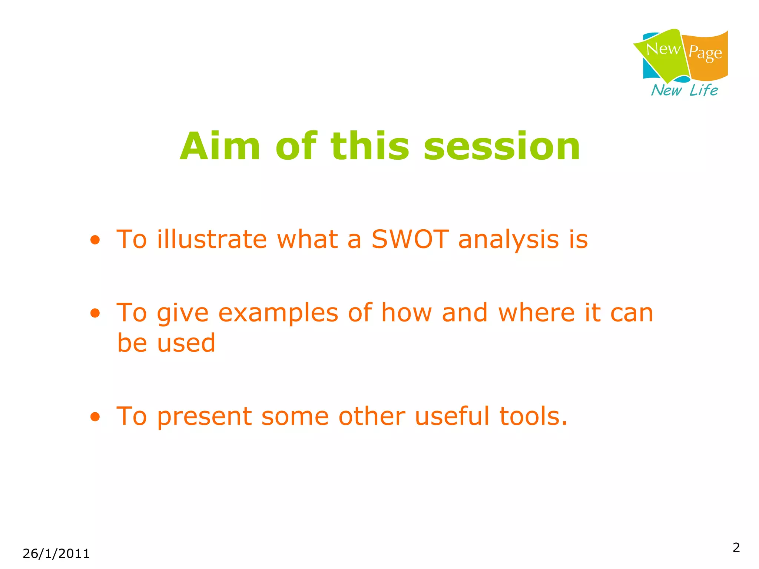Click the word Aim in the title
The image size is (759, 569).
click(x=220, y=147)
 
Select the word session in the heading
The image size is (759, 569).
click(x=502, y=147)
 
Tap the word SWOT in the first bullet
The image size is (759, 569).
click(x=410, y=239)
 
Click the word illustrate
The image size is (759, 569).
click(x=212, y=239)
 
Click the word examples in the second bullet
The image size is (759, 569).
click(x=278, y=313)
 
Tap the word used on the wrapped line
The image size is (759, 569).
click(x=186, y=343)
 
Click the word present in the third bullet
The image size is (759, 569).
click(x=205, y=417)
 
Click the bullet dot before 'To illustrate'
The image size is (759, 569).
click(x=95, y=240)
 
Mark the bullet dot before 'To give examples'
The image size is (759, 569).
click(x=95, y=314)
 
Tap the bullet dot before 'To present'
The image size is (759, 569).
click(x=95, y=417)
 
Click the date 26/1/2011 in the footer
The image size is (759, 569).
click(x=56, y=554)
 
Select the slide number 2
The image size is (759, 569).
click(x=736, y=548)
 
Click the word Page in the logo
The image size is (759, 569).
click(x=705, y=53)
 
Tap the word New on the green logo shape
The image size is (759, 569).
click(x=663, y=49)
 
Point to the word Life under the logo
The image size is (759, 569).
click(x=703, y=90)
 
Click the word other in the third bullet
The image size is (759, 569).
click(x=372, y=416)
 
